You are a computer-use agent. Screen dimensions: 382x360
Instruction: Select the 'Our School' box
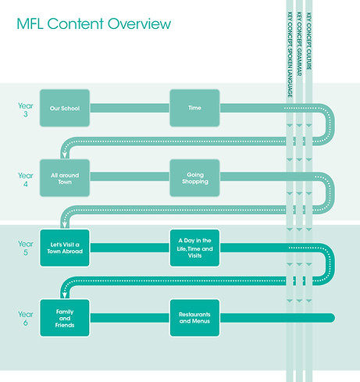65,108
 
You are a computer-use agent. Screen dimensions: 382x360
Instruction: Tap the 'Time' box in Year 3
194,108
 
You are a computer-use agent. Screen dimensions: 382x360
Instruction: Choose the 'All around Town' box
65,177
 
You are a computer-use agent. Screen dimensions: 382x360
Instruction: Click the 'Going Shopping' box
194,177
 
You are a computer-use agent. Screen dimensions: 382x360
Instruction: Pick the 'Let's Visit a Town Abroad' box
65,248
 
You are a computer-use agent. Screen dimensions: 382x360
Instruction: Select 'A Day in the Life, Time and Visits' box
194,248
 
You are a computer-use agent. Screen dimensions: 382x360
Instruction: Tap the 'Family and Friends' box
65,317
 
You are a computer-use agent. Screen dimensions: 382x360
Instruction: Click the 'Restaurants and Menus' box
194,317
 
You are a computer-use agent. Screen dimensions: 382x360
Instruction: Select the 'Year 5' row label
26,248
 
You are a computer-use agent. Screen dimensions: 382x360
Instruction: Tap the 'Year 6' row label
26,317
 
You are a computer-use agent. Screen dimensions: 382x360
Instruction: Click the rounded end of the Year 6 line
332,317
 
